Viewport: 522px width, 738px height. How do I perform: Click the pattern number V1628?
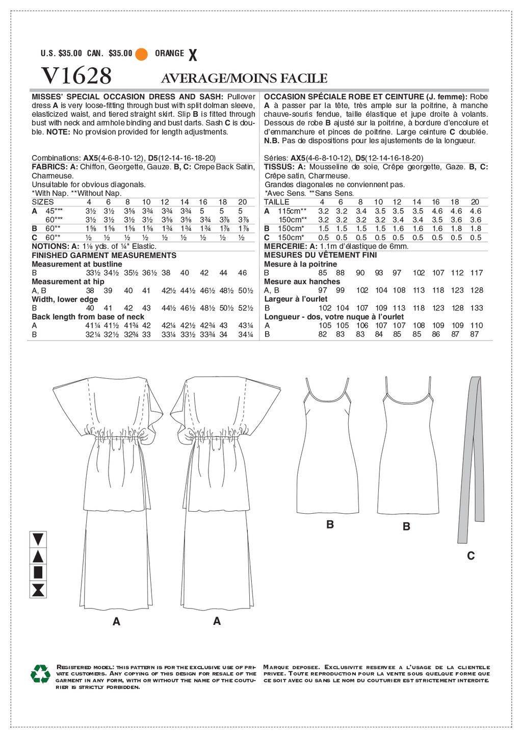76,76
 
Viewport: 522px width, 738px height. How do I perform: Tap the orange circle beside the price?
142,54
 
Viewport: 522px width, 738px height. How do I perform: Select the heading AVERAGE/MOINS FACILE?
244,78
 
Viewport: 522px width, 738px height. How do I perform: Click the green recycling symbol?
40,674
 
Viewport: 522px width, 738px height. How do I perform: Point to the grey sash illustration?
471,459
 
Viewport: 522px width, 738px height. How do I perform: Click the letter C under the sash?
471,556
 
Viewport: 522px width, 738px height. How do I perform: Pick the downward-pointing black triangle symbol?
38,539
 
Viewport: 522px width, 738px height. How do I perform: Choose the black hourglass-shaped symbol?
38,590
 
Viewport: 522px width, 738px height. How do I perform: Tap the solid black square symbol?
38,573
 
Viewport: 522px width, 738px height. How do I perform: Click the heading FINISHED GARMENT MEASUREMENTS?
104,255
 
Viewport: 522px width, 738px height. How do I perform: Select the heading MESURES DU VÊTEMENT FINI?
321,255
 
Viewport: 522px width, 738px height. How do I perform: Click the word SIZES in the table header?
43,202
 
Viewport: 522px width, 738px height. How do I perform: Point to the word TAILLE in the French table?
277,202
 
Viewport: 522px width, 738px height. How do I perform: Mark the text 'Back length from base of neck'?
88,317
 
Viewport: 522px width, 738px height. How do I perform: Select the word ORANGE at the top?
170,54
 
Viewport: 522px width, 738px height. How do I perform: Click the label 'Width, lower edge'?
65,299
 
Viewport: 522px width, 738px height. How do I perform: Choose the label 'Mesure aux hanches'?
302,281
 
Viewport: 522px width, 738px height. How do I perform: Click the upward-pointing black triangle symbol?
38,556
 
